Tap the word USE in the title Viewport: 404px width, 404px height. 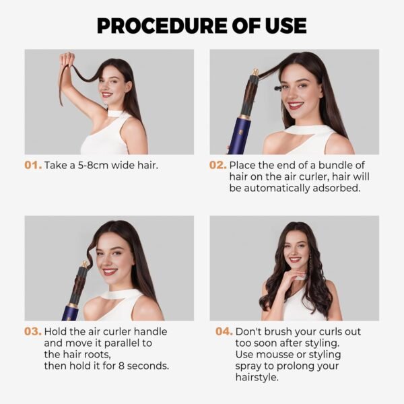pos(281,26)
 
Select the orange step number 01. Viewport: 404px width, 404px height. pos(33,165)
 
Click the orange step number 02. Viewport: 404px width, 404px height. pos(218,165)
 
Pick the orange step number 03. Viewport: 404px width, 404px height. pos(33,332)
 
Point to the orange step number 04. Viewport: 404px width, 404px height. pos(224,332)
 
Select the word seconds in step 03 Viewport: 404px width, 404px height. pos(147,366)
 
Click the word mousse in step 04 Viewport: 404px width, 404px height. pos(271,355)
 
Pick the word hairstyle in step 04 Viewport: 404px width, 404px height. pos(257,378)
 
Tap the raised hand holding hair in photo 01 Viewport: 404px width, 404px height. pos(66,61)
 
